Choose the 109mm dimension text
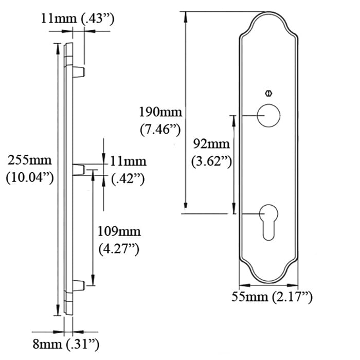[118, 231]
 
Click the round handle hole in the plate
[268, 115]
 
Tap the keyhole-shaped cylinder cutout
[268, 220]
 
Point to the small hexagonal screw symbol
[268, 94]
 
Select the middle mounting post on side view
[79, 169]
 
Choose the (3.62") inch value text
[210, 161]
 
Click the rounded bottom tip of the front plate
[268, 282]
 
